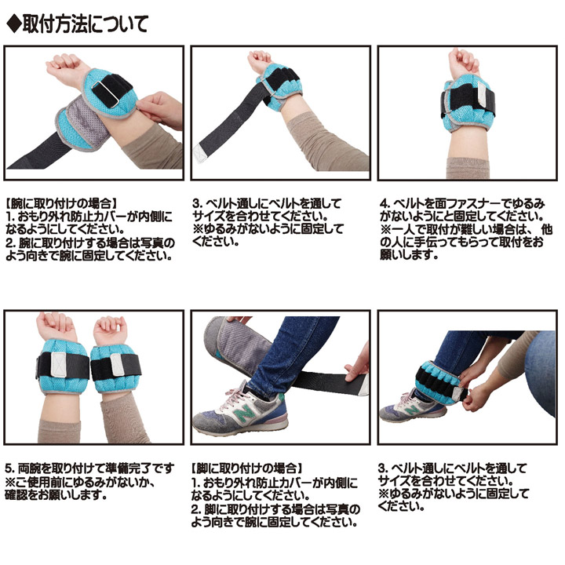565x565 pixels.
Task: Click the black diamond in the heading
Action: pos(13,24)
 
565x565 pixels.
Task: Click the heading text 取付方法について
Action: pos(85,24)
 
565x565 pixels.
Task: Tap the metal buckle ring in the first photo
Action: pos(104,93)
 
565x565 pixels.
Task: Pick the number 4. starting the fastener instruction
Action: pos(385,204)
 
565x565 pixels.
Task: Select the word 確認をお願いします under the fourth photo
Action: pos(56,494)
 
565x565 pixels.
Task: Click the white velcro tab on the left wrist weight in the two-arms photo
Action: pos(58,365)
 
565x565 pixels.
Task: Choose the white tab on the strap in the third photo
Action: pos(483,94)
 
